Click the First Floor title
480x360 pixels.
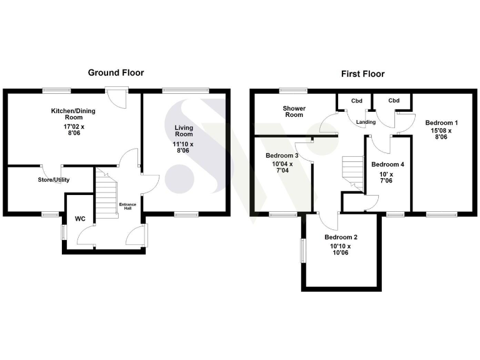pos(362,74)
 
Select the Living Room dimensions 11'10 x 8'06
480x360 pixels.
pos(184,147)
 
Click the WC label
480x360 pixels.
pos(80,219)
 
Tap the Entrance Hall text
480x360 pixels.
pos(127,206)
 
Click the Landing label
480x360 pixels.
pos(366,122)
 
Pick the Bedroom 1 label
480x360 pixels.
pos(442,122)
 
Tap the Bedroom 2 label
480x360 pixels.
pos(341,237)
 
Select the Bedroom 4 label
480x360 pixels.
pos(387,164)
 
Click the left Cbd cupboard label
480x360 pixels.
pos(356,101)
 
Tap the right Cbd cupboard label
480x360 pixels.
pos(394,101)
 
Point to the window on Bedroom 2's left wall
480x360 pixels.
pos(302,251)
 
